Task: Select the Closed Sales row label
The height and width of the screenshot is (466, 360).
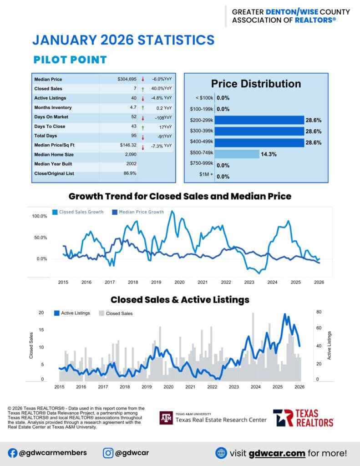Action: coord(48,89)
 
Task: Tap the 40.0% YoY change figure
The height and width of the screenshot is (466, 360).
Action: coord(162,88)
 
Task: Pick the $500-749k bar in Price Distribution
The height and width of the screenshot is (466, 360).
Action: coord(237,154)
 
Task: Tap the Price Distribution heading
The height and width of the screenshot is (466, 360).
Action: coord(256,84)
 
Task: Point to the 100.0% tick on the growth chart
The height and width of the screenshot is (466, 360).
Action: coord(40,216)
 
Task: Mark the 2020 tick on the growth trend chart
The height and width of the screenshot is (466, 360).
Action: coord(179,282)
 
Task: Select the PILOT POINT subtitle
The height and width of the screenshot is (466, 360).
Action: coord(70,60)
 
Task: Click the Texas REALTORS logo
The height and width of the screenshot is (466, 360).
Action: coord(303,418)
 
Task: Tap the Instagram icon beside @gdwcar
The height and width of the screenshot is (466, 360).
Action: coord(108,453)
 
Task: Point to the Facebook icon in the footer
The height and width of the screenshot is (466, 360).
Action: coord(13,453)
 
